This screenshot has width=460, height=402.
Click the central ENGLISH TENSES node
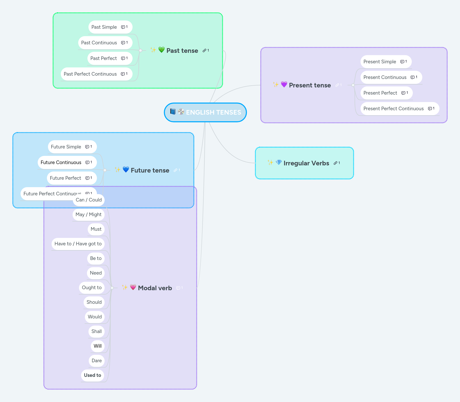(x=205, y=112)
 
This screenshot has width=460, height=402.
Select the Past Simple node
(x=104, y=27)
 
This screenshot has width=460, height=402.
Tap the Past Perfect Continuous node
(x=90, y=74)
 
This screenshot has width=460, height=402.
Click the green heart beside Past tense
(x=161, y=50)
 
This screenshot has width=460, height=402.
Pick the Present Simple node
(x=379, y=62)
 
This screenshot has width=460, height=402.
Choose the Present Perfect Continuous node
(x=393, y=109)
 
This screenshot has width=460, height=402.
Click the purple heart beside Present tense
(x=284, y=84)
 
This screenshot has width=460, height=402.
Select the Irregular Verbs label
(x=306, y=163)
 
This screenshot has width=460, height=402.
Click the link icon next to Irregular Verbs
(x=335, y=163)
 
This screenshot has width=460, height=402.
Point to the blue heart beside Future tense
(x=126, y=169)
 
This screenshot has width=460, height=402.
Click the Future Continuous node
(x=61, y=163)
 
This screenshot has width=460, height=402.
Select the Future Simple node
(x=66, y=147)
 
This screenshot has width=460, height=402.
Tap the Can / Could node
(x=89, y=200)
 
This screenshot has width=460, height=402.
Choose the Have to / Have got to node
(x=78, y=244)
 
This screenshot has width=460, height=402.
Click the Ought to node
(x=92, y=288)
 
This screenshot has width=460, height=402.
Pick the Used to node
(x=93, y=375)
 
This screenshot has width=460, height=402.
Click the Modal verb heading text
(x=155, y=288)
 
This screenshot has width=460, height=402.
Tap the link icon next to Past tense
(x=204, y=51)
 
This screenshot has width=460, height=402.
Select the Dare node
(x=97, y=361)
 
